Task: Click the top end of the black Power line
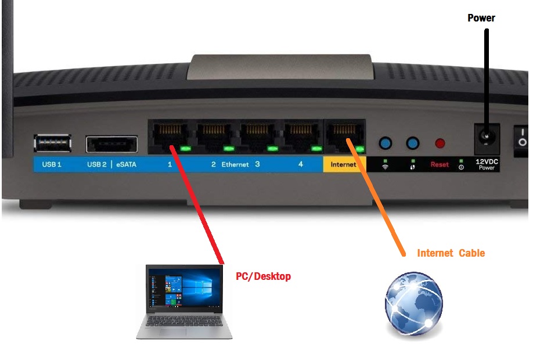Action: (x=487, y=30)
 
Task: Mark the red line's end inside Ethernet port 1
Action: (x=171, y=147)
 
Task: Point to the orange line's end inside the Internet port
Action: (x=348, y=140)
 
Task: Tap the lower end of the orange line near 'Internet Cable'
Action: (x=404, y=254)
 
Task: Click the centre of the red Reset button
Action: (x=440, y=143)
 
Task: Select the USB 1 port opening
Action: (x=53, y=143)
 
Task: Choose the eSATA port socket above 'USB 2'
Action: (x=112, y=144)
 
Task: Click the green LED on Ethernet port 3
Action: (x=273, y=149)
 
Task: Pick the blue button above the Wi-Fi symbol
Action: (x=385, y=143)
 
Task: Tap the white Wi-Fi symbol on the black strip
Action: (x=385, y=167)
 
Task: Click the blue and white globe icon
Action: (x=414, y=304)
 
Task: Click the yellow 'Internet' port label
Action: (x=344, y=164)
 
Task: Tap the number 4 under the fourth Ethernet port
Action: (x=301, y=164)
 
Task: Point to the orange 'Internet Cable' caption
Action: (x=451, y=253)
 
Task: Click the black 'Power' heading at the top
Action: (x=481, y=17)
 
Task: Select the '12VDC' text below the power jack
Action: (x=487, y=162)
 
